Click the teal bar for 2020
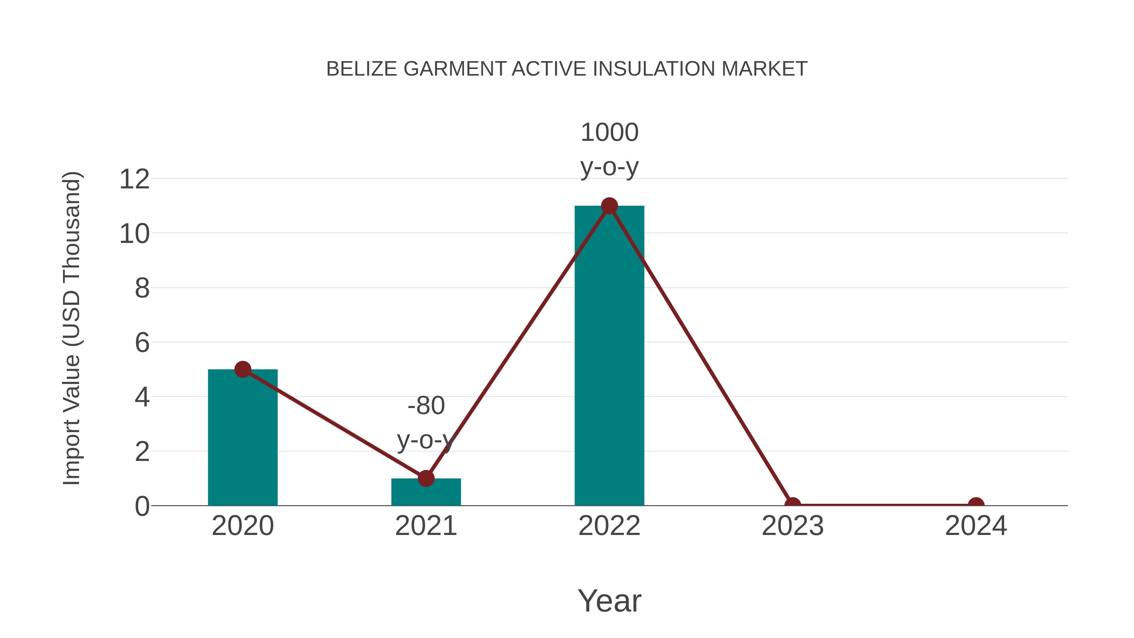(x=243, y=440)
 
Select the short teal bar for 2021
(x=426, y=493)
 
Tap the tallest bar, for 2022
(x=609, y=361)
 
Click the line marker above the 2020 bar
(x=243, y=370)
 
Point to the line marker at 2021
(x=426, y=478)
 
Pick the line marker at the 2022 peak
(x=609, y=206)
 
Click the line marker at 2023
(x=793, y=505)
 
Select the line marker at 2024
(x=976, y=505)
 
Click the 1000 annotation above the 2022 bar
(x=609, y=133)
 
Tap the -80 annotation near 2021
(x=426, y=405)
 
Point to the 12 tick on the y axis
(x=134, y=179)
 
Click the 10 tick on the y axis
(x=134, y=234)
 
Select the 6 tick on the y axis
(x=142, y=342)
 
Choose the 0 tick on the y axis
(x=142, y=506)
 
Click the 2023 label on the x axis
(x=793, y=526)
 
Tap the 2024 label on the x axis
(x=976, y=526)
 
